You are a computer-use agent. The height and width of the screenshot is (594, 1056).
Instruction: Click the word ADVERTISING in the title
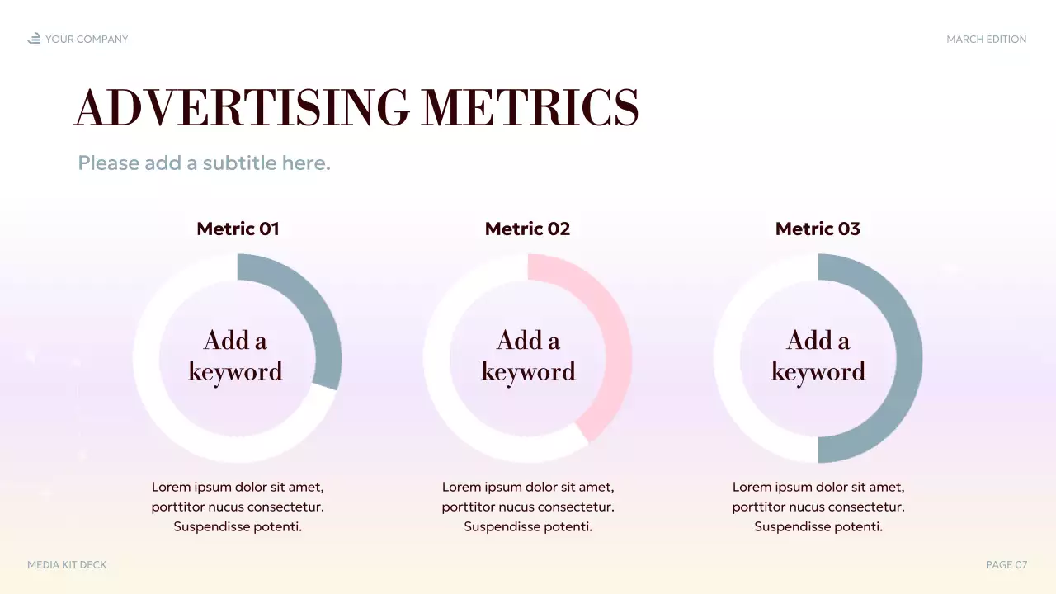pos(241,107)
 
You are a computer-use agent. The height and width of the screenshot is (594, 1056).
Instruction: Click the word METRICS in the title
pos(530,107)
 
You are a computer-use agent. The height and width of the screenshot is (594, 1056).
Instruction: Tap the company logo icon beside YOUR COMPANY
pos(34,39)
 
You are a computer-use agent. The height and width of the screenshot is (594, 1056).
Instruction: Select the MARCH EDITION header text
pos(986,39)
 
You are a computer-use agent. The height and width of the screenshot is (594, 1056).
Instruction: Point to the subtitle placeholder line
pos(204,163)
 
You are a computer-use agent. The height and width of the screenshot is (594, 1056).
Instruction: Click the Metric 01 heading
pos(238,229)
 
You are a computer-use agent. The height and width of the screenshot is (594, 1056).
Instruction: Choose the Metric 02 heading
pos(527,229)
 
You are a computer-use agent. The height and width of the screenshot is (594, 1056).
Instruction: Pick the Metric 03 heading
pos(818,229)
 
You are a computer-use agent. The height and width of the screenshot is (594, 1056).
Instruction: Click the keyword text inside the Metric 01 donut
pos(236,356)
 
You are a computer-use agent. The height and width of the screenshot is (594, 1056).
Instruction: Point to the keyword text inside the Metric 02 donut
pos(528,356)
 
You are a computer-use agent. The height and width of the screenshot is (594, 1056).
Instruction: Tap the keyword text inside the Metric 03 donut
pos(818,356)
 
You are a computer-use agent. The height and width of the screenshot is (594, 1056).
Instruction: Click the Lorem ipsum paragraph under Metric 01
pos(238,507)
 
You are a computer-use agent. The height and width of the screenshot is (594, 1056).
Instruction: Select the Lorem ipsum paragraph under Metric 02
pos(528,507)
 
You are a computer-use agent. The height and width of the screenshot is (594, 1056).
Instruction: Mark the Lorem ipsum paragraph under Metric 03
pos(818,507)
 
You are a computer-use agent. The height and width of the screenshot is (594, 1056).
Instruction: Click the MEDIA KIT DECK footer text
pos(67,565)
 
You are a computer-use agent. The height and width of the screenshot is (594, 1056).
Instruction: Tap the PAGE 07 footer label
pos(1006,565)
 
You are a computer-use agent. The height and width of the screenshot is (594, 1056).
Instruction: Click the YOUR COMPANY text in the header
pos(87,39)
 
